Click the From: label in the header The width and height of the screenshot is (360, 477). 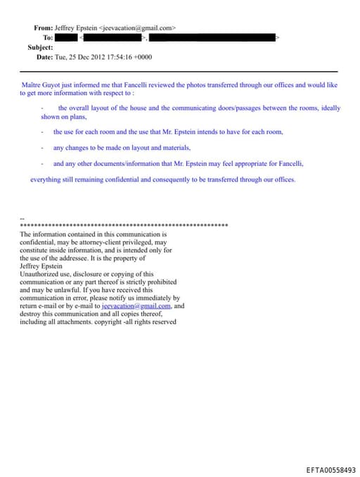pos(43,27)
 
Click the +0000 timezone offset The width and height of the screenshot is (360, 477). pos(141,56)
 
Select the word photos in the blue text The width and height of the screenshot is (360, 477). pos(190,85)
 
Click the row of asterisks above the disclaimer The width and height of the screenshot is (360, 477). pos(124,226)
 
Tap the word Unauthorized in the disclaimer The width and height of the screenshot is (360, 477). pos(41,274)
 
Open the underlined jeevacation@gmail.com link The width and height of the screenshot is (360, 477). pos(136,306)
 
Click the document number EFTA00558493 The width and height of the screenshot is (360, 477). pos(331,469)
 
